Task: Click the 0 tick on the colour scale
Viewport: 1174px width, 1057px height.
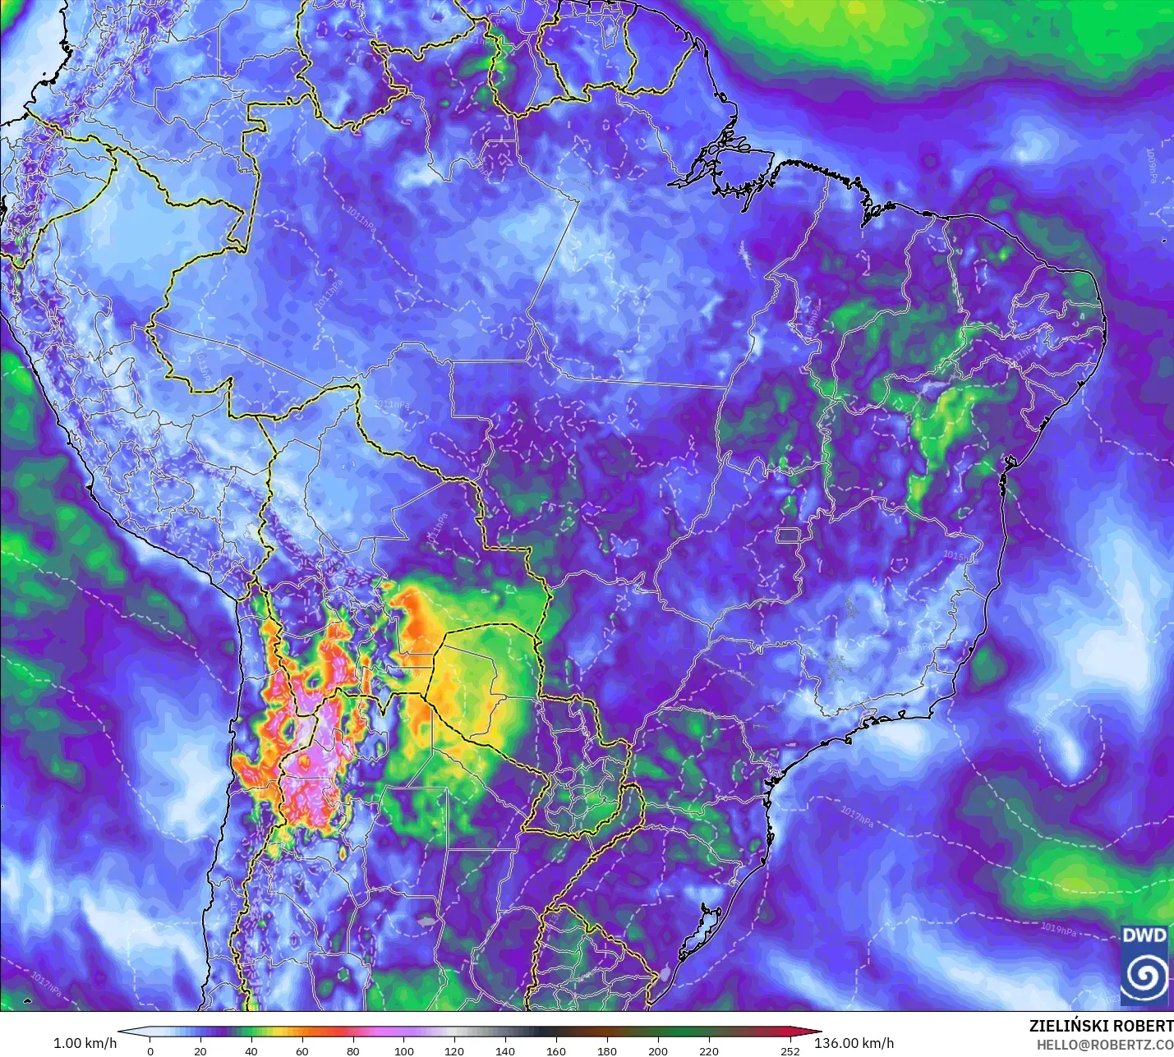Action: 150,1050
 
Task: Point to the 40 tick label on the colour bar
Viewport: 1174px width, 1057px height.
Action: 251,1050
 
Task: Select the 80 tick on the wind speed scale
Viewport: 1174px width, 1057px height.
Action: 352,1050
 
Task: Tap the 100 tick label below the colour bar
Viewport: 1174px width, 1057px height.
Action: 403,1050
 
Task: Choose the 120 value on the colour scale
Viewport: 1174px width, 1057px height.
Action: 454,1050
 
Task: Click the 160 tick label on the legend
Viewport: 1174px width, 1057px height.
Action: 556,1050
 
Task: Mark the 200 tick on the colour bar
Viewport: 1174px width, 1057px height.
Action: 658,1050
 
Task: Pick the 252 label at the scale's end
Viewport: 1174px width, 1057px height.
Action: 790,1050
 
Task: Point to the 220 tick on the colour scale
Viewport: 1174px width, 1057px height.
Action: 709,1050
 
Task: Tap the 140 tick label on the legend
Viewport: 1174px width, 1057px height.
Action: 505,1050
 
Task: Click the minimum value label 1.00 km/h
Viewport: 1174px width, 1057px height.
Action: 85,1043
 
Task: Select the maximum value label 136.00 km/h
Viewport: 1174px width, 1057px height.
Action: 854,1043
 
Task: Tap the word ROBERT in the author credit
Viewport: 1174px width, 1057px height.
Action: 1144,1026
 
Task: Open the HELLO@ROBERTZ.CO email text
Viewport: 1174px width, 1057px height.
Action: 1104,1045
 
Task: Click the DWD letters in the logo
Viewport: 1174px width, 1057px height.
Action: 1144,935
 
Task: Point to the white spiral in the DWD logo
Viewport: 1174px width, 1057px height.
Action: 1144,975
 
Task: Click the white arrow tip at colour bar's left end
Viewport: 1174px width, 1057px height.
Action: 123,1032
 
